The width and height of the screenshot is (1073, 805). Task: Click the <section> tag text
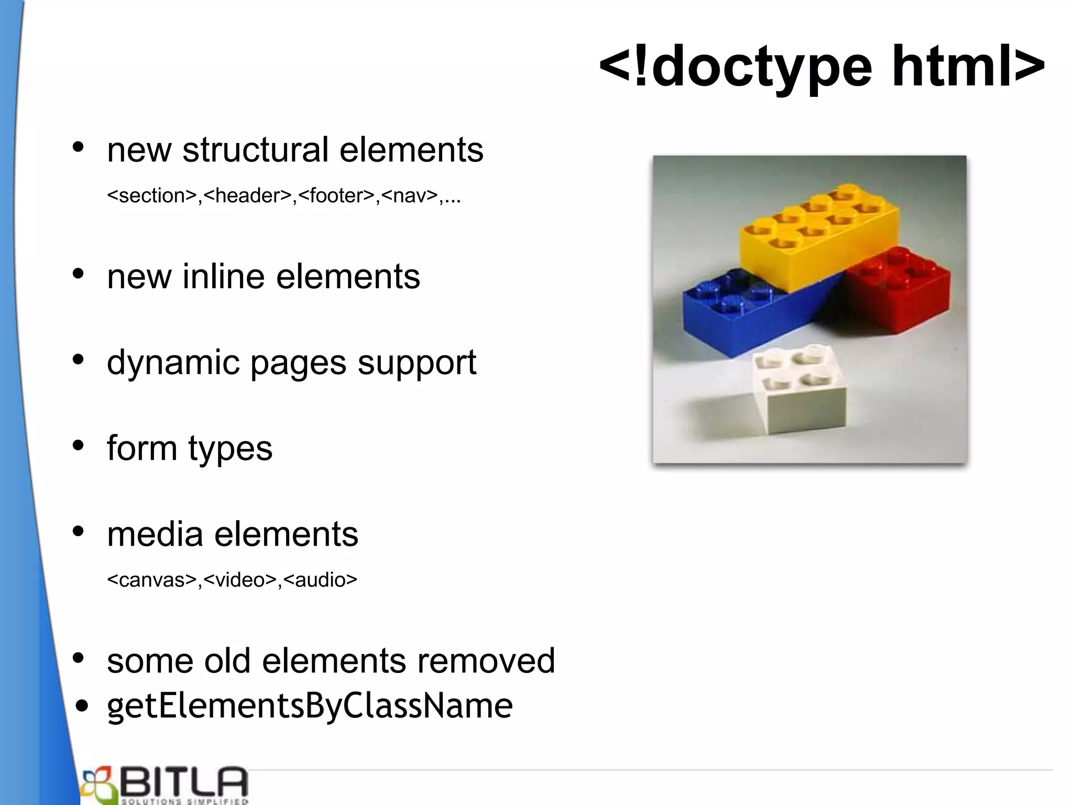click(152, 196)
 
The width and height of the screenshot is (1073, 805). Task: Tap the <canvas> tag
click(152, 580)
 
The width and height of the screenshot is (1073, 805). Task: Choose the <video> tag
click(240, 580)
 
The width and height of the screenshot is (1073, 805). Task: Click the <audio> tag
click(320, 580)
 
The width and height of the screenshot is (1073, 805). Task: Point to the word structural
click(255, 150)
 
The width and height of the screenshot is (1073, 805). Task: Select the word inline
click(223, 277)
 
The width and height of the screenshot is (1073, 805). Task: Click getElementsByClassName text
click(310, 706)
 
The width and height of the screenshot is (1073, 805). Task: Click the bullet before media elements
click(79, 532)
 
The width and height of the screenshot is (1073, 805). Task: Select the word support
click(417, 363)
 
